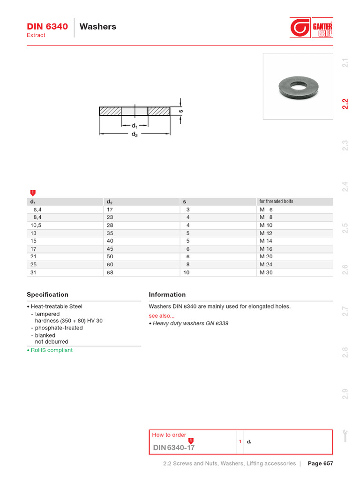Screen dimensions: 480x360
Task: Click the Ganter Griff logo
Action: [x=311, y=28]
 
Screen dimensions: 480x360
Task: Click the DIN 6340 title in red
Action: [x=47, y=26]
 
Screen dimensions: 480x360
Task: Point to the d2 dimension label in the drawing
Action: [x=135, y=134]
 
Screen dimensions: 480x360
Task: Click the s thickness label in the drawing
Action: [x=181, y=111]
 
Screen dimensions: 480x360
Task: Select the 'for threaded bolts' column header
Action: [x=276, y=202]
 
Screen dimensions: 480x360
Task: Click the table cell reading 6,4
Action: [x=37, y=210]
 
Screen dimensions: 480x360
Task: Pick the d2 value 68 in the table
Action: [x=110, y=272]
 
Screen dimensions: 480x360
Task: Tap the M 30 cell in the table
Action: [x=266, y=272]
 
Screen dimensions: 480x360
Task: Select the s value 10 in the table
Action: [x=187, y=272]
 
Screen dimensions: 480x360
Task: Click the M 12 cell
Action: [x=266, y=233]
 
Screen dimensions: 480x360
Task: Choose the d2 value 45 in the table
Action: [x=110, y=249]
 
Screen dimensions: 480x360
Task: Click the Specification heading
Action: [x=47, y=294]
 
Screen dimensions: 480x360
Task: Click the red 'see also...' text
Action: [x=161, y=316]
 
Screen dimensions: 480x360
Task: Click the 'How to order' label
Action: [x=169, y=435]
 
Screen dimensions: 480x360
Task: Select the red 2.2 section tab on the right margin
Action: [x=345, y=104]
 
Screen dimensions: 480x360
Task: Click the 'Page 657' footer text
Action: [x=320, y=464]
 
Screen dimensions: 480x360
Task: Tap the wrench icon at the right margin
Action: [x=345, y=435]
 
